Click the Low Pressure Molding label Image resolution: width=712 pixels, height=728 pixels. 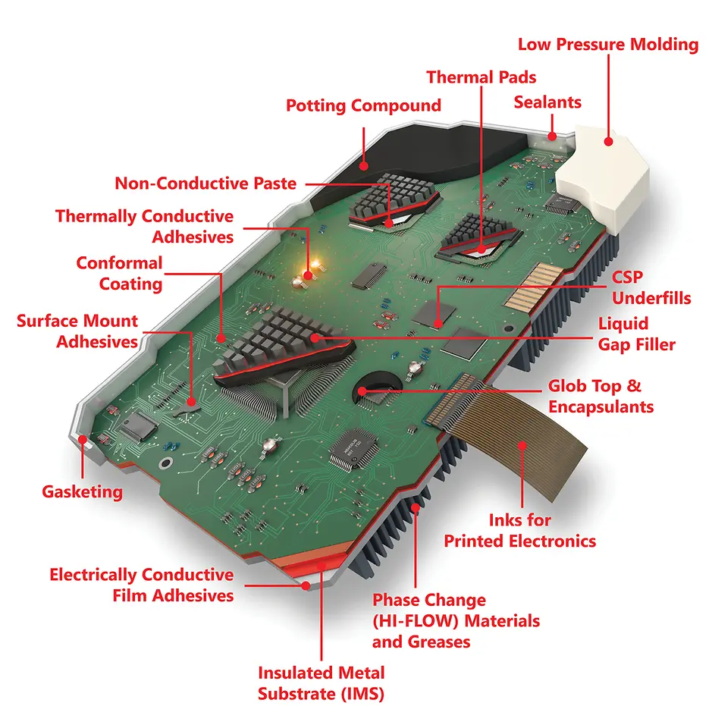pos(608,45)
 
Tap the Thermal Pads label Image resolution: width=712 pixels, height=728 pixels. pos(481,77)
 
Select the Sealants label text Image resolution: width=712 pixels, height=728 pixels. pos(547,102)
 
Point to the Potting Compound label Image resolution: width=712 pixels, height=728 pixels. pos(363,105)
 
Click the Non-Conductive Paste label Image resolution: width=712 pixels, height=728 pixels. pos(205,184)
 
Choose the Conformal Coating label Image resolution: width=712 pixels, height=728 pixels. pos(120,274)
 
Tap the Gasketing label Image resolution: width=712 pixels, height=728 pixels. pos(83,491)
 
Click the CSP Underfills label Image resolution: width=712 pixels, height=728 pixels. pos(651,287)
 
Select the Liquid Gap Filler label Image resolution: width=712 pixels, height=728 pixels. pos(636,334)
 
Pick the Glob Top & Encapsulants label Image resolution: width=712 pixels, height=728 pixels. pos(601,396)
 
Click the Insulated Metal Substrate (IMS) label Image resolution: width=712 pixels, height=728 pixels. pos(321,683)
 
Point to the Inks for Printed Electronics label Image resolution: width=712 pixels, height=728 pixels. pos(520,530)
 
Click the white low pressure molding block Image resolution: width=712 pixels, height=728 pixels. pos(604,179)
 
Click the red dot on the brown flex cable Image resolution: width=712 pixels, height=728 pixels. pos(522,446)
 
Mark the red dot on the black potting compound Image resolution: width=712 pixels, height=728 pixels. pos(364,166)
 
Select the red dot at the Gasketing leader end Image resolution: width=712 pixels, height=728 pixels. pos(83,439)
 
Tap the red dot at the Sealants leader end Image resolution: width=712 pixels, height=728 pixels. pos(552,136)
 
